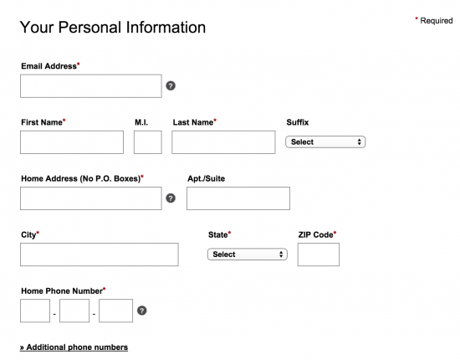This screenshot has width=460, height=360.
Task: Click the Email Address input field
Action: pyautogui.click(x=91, y=86)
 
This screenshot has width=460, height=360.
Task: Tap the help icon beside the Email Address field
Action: pyautogui.click(x=171, y=85)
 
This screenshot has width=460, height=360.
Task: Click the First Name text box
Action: pyautogui.click(x=72, y=142)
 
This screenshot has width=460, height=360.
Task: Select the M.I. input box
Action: pyautogui.click(x=148, y=142)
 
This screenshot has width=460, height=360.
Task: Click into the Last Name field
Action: pyautogui.click(x=223, y=142)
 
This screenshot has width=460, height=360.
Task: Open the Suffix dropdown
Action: pyautogui.click(x=325, y=141)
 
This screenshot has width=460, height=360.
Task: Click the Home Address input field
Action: pyautogui.click(x=91, y=198)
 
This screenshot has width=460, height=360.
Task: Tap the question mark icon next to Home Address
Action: pyautogui.click(x=171, y=198)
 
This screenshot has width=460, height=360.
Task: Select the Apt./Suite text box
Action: pyautogui.click(x=238, y=198)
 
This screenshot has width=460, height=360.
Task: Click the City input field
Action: pyautogui.click(x=100, y=255)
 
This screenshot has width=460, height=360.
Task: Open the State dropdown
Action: pyautogui.click(x=248, y=255)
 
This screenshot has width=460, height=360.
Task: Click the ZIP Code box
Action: pyautogui.click(x=319, y=255)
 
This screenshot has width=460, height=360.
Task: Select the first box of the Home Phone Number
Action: pyautogui.click(x=35, y=311)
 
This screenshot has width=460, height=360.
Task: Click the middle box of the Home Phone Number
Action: pyautogui.click(x=74, y=311)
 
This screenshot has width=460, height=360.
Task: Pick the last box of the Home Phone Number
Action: pyautogui.click(x=116, y=311)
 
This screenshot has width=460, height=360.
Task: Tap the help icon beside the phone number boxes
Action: pyautogui.click(x=142, y=311)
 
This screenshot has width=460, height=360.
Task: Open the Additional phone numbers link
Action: pyautogui.click(x=74, y=347)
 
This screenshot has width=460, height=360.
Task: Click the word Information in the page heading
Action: pyautogui.click(x=166, y=28)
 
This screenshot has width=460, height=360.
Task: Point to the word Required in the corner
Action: pyautogui.click(x=437, y=21)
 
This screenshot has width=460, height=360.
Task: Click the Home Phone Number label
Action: pyautogui.click(x=62, y=291)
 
